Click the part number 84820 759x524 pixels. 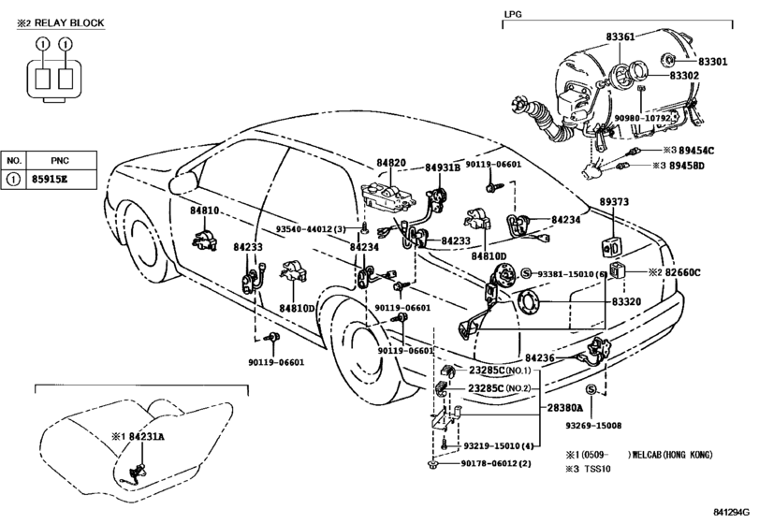coord(391,163)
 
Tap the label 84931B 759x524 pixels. coord(443,167)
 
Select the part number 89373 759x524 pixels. coord(614,201)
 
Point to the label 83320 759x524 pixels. coord(626,301)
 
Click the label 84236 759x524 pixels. coord(540,358)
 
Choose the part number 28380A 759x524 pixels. coord(565,408)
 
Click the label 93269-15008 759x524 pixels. coord(593,426)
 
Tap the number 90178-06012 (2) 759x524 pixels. coord(496,463)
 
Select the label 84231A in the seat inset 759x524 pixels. coord(146,436)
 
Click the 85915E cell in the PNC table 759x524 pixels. coord(50,179)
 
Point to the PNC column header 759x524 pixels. coord(60,161)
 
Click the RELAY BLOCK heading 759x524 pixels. coord(69,22)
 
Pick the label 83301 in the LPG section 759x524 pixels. coord(712,62)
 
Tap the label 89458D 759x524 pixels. coord(687,166)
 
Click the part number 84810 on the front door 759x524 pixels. coord(204,211)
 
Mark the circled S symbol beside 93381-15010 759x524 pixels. coord(527,274)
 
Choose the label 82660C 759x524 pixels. coord(682,272)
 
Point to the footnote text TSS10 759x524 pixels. coord(597,469)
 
